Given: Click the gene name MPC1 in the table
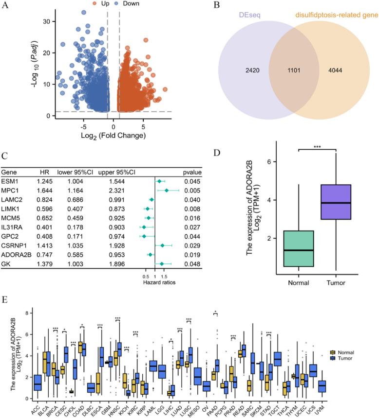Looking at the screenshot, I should point(10,190).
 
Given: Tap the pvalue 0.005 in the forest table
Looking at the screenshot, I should point(193,190).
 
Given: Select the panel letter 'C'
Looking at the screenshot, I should point(4,157).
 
